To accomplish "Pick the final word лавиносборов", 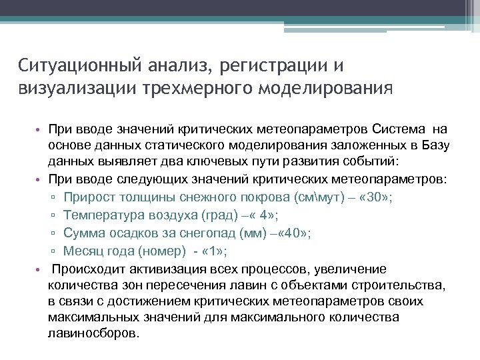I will [x=93, y=334].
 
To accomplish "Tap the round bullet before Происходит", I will [x=39, y=269].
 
